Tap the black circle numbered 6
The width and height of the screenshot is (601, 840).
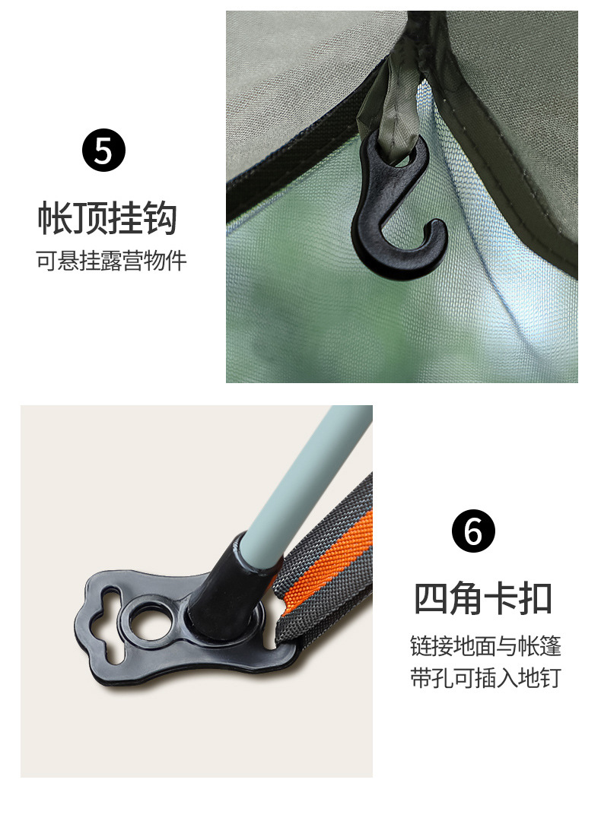point(473,531)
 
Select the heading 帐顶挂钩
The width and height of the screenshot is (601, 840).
point(107,218)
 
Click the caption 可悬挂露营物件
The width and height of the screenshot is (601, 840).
point(112,261)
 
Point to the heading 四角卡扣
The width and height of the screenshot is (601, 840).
point(483,598)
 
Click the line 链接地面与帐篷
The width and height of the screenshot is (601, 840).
point(485,646)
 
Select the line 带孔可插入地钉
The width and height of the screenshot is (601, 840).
point(485,677)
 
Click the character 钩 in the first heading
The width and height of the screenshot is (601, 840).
point(160,218)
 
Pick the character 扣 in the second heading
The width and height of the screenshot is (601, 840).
point(536,598)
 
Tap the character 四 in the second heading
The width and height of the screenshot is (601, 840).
point(431,598)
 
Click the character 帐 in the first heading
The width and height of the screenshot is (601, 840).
point(55,218)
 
